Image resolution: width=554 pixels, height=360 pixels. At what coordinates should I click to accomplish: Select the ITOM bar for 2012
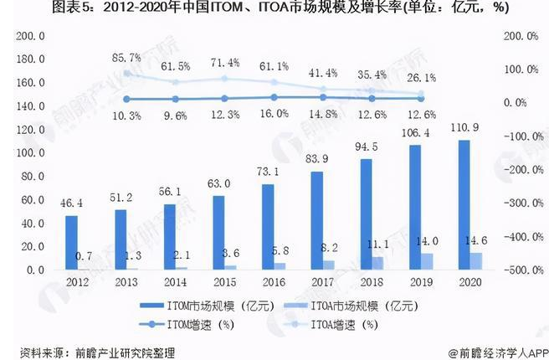click(x=72, y=243)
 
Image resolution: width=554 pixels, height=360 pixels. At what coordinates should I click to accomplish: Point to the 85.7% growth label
click(x=126, y=58)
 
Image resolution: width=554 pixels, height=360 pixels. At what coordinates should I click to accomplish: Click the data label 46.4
click(x=72, y=203)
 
